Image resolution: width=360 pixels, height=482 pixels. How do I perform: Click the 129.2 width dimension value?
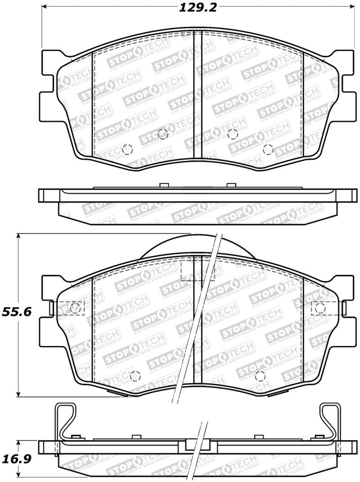point(198,8)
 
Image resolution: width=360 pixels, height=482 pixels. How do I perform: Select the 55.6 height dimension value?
point(16,312)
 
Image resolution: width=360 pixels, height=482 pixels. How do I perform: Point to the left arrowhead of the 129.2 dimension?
point(45,8)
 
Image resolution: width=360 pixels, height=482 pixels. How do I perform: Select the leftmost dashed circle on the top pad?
point(127,149)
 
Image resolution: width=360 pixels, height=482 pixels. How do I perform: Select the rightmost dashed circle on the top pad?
point(268,149)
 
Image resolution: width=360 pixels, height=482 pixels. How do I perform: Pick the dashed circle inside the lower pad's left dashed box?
point(76,308)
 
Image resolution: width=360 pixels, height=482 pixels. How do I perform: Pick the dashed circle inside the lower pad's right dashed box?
point(320,308)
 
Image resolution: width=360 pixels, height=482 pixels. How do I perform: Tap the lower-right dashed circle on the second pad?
point(259,376)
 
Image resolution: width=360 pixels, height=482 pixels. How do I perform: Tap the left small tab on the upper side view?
point(164,185)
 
